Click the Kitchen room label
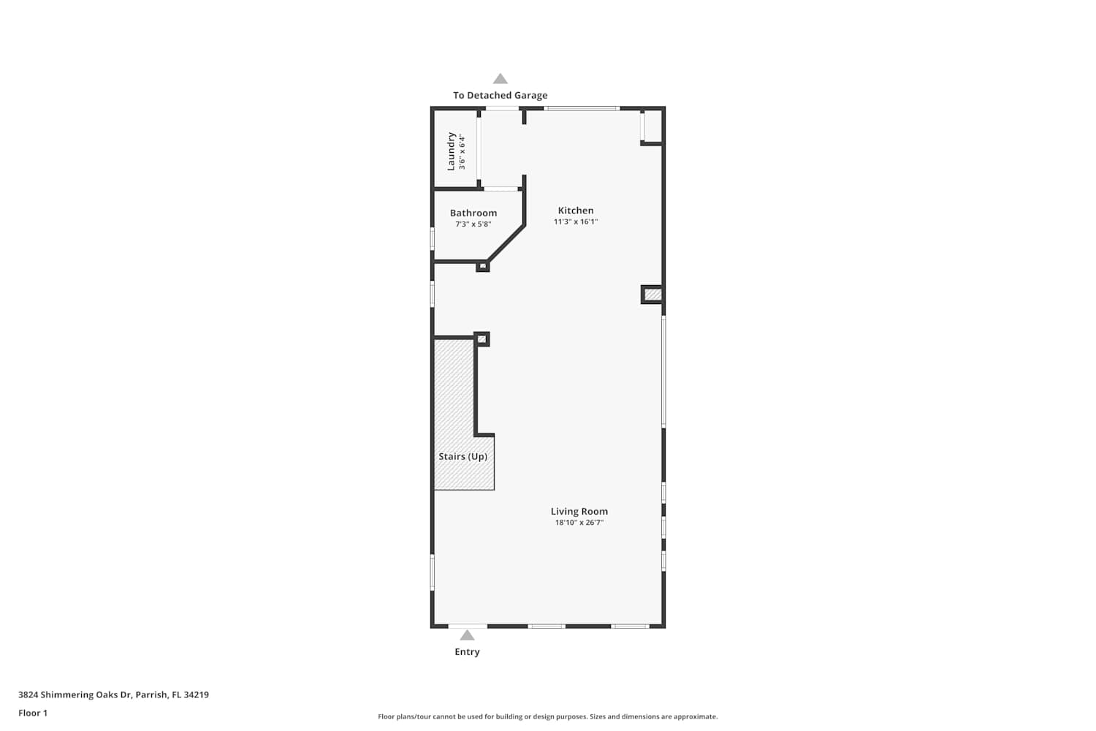pos(576,211)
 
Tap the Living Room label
pos(579,511)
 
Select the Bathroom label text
pos(473,213)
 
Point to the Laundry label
pos(451,151)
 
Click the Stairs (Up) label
pos(463,456)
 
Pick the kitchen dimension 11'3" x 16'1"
pos(576,221)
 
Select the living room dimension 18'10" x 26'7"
pos(579,523)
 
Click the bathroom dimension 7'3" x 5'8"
pos(473,224)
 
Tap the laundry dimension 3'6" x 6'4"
pos(462,152)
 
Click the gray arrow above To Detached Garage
pos(500,79)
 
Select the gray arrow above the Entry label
pos(468,635)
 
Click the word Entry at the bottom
pos(468,651)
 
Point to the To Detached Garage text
pos(500,96)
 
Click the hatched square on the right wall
pos(652,295)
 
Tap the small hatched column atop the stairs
pos(482,338)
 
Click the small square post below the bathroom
pos(483,266)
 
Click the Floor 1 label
pos(33,713)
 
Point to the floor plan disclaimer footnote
pos(547,716)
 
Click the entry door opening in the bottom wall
pos(468,626)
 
